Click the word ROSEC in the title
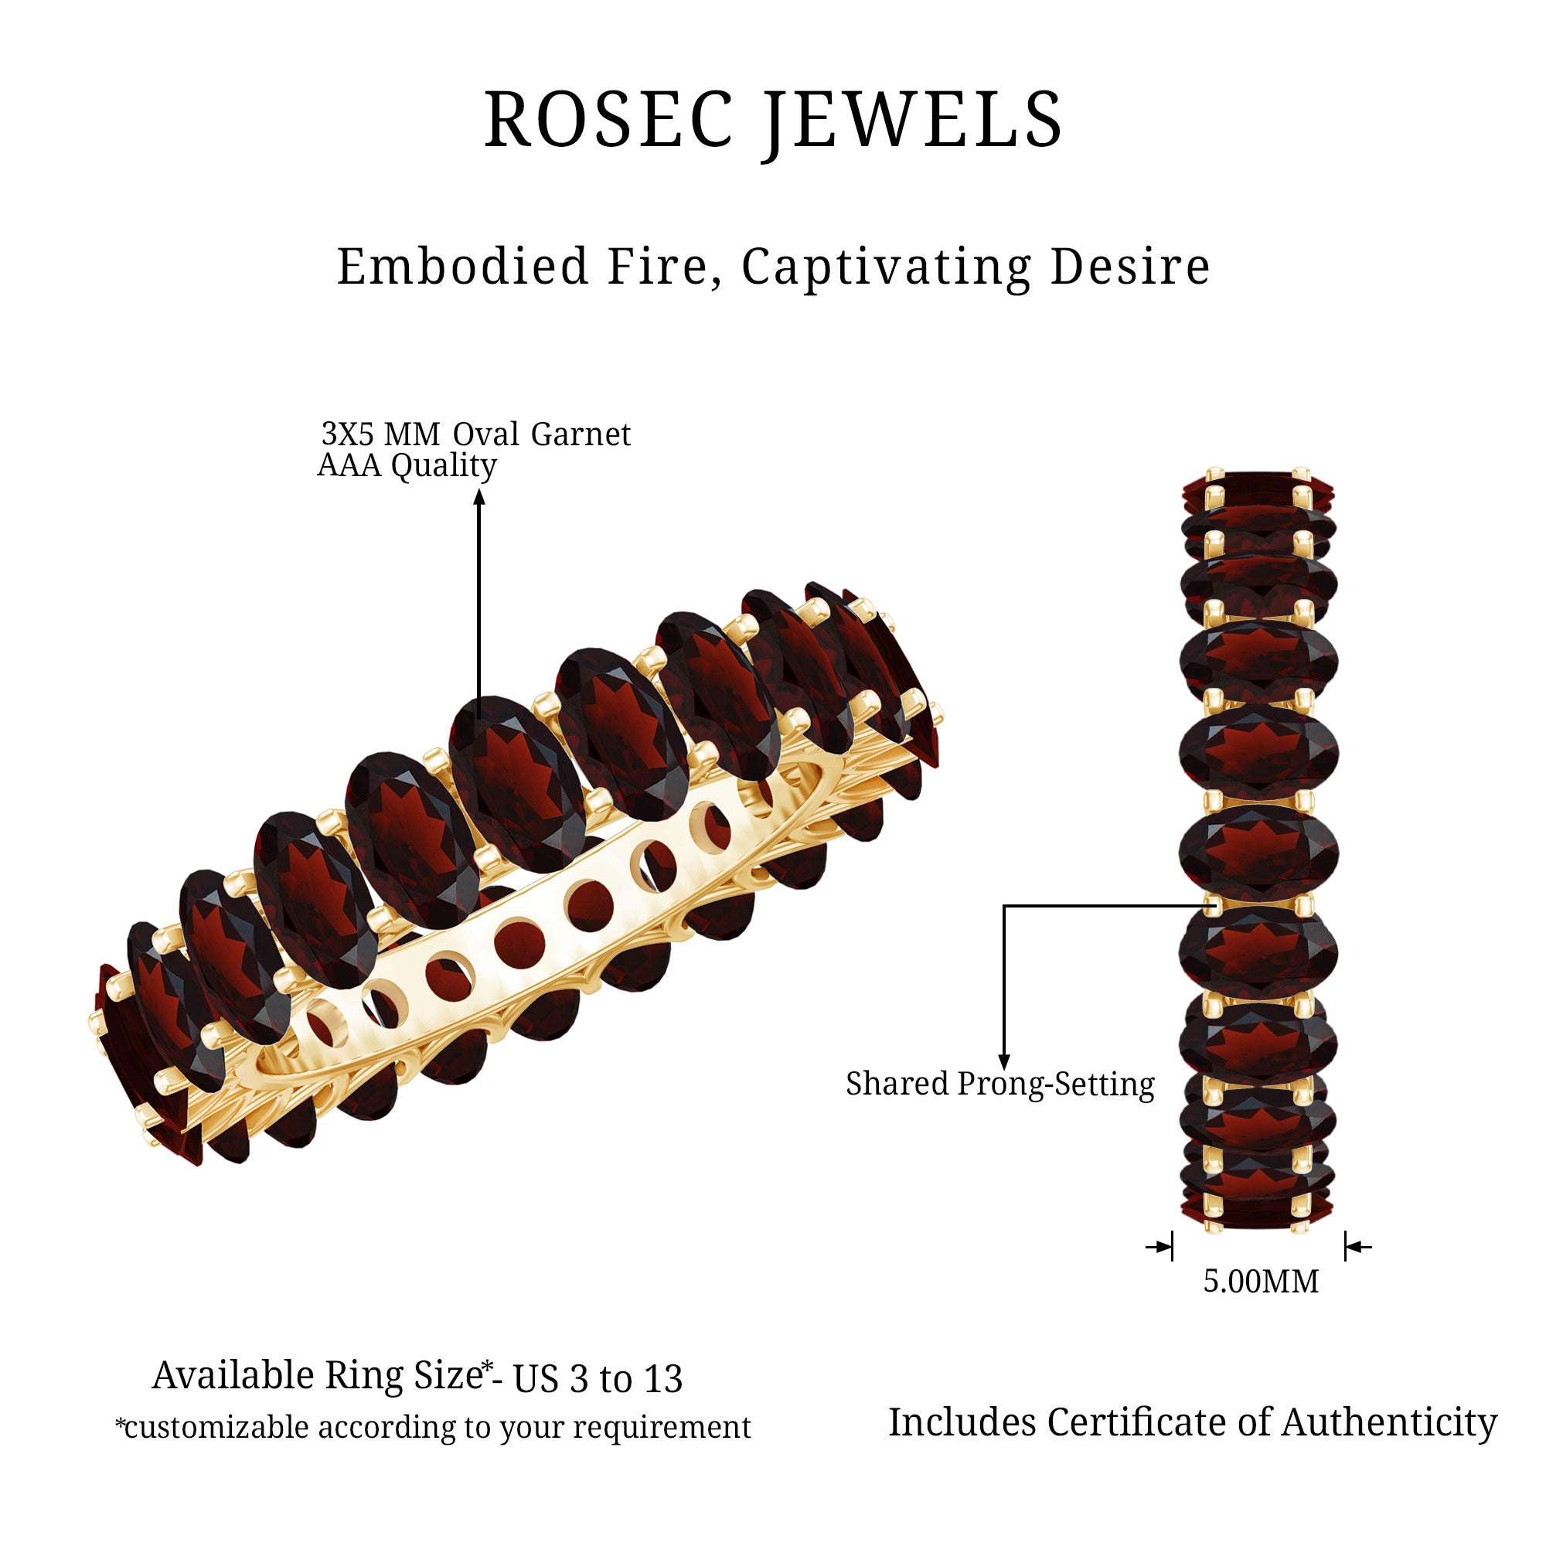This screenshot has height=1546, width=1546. tap(609, 119)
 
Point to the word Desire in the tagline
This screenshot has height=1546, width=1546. tap(1130, 267)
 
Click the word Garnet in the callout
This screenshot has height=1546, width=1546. tap(581, 434)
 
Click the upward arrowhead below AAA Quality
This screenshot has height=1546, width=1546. tap(479, 497)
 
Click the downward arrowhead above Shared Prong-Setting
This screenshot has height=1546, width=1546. tap(1004, 1062)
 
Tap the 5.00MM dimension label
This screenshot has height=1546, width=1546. tap(1261, 1281)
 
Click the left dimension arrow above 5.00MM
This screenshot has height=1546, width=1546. tap(1159, 1247)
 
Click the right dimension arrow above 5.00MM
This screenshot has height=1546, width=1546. tap(1358, 1247)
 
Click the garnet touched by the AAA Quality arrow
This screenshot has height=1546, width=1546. tap(516, 783)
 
